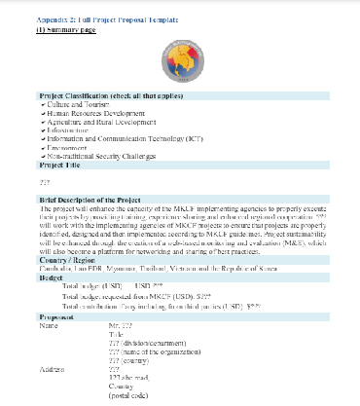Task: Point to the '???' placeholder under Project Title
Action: (x=45, y=181)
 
